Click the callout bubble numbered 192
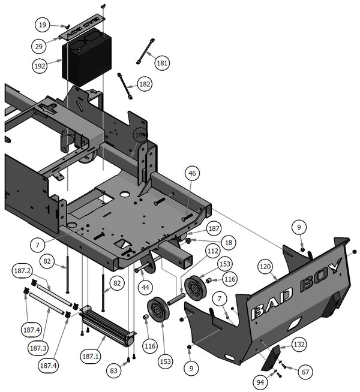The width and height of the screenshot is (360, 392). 41,66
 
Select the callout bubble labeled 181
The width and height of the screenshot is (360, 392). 163,62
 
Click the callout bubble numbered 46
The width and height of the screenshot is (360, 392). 192,174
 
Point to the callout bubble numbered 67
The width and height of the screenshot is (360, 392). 305,372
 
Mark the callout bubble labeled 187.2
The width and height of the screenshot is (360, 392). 22,271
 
